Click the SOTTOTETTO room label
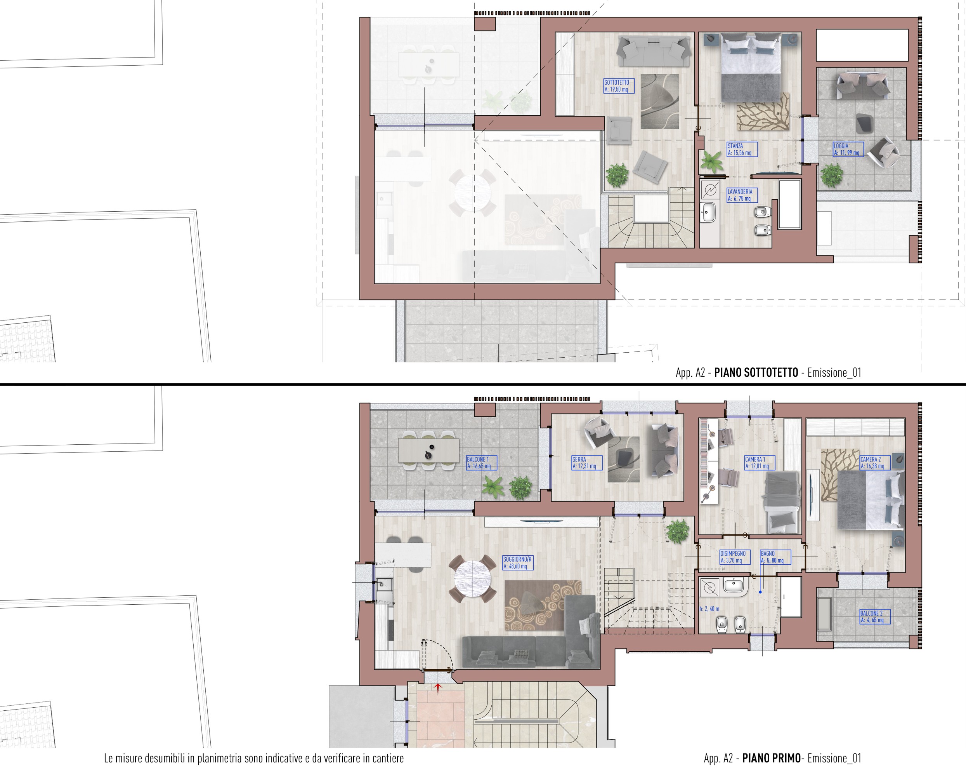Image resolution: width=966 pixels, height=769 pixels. click(619, 86)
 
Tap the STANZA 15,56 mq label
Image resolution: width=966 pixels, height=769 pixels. click(742, 149)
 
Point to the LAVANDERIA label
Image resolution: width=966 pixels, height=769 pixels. click(742, 195)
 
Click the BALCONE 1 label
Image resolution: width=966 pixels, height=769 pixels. click(481, 463)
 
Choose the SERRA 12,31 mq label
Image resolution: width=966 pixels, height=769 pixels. click(587, 463)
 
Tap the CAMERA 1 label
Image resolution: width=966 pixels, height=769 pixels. click(760, 463)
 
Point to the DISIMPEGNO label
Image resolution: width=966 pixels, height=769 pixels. click(735, 557)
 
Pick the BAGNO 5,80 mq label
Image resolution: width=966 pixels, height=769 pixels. click(775, 557)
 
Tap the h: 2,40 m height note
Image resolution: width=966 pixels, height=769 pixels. click(709, 609)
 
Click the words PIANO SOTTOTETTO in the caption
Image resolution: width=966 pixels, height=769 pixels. click(756, 372)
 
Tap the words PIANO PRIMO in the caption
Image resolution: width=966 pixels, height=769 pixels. click(771, 758)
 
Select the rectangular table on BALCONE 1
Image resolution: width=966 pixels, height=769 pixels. click(429, 450)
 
